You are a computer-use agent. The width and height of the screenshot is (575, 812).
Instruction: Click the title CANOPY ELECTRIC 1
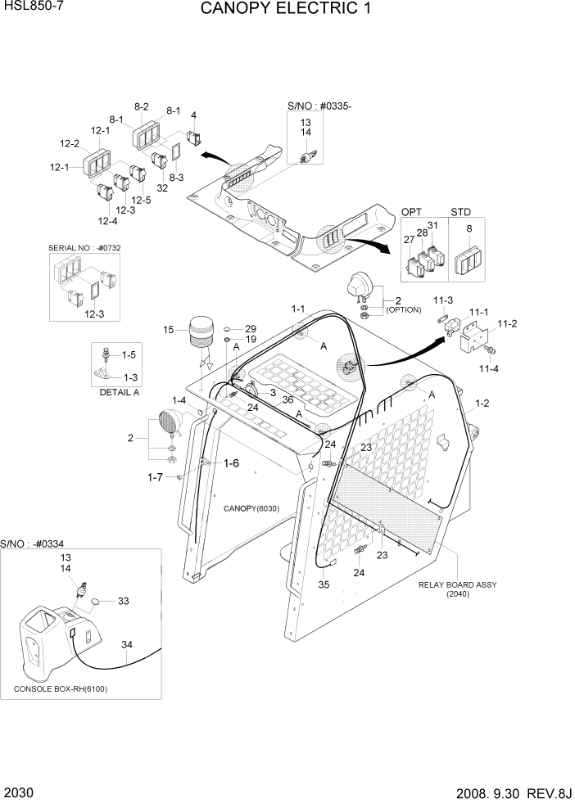(x=286, y=11)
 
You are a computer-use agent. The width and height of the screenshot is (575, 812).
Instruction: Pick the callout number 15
(x=169, y=330)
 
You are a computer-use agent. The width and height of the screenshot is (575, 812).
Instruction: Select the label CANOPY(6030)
(x=251, y=508)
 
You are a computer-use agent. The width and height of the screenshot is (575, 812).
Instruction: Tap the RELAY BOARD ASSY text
(x=458, y=584)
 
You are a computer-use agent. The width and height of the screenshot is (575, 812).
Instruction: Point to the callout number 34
(x=126, y=643)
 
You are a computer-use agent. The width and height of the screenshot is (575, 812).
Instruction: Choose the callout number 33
(x=123, y=602)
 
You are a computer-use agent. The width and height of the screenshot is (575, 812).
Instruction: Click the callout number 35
(x=324, y=584)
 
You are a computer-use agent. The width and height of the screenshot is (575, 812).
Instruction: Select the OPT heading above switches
(x=411, y=211)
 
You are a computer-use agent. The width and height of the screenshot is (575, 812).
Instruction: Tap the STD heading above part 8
(x=461, y=211)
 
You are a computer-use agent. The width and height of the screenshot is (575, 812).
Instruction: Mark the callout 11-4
(x=488, y=369)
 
